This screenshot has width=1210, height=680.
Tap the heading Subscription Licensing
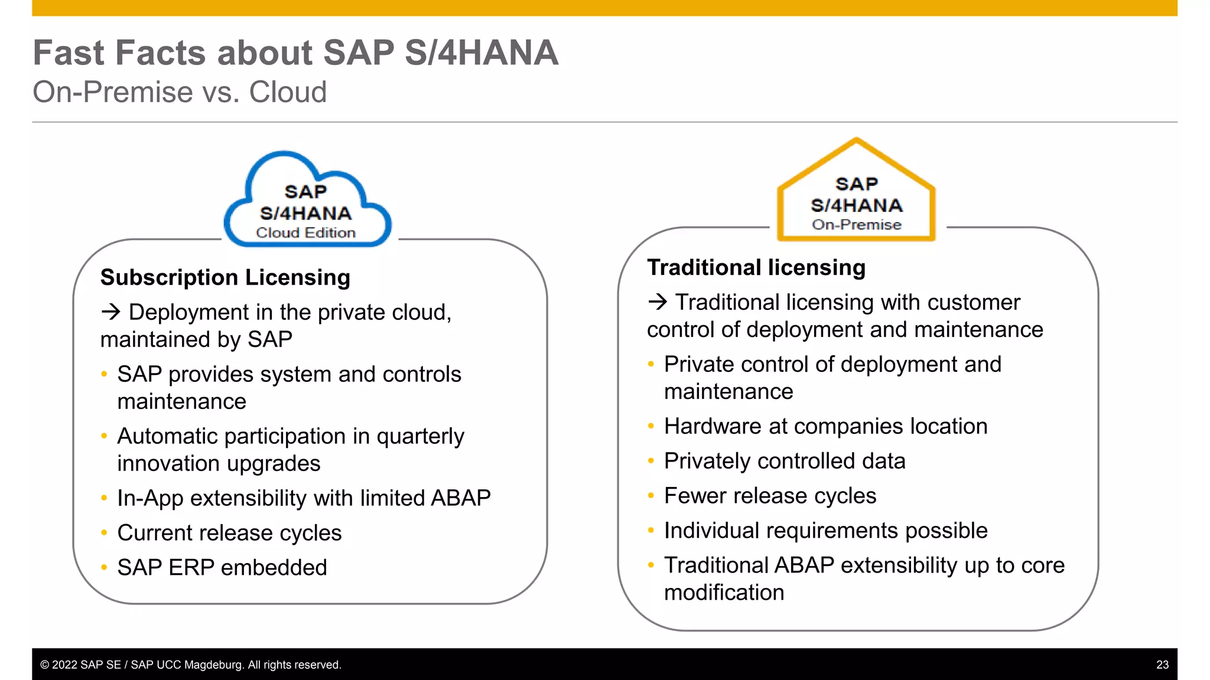225,277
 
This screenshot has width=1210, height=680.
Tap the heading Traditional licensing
756,267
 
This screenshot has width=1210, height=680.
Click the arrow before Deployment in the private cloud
110,312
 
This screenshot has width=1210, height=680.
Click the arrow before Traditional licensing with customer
657,302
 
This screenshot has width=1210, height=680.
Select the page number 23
1162,665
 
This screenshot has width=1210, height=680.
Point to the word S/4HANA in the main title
481,53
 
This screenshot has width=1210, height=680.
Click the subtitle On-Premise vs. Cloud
180,92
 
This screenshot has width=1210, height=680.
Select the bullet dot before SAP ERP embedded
104,568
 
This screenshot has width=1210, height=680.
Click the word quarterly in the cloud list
420,437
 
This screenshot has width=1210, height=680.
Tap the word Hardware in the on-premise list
712,426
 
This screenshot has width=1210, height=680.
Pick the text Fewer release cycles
769,496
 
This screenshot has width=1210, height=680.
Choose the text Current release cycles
229,533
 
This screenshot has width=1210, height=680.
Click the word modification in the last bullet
724,593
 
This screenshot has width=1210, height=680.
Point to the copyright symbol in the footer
44,665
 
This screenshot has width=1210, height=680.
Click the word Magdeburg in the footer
213,665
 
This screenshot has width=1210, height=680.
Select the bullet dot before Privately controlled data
650,461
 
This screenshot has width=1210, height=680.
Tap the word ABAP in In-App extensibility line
460,498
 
